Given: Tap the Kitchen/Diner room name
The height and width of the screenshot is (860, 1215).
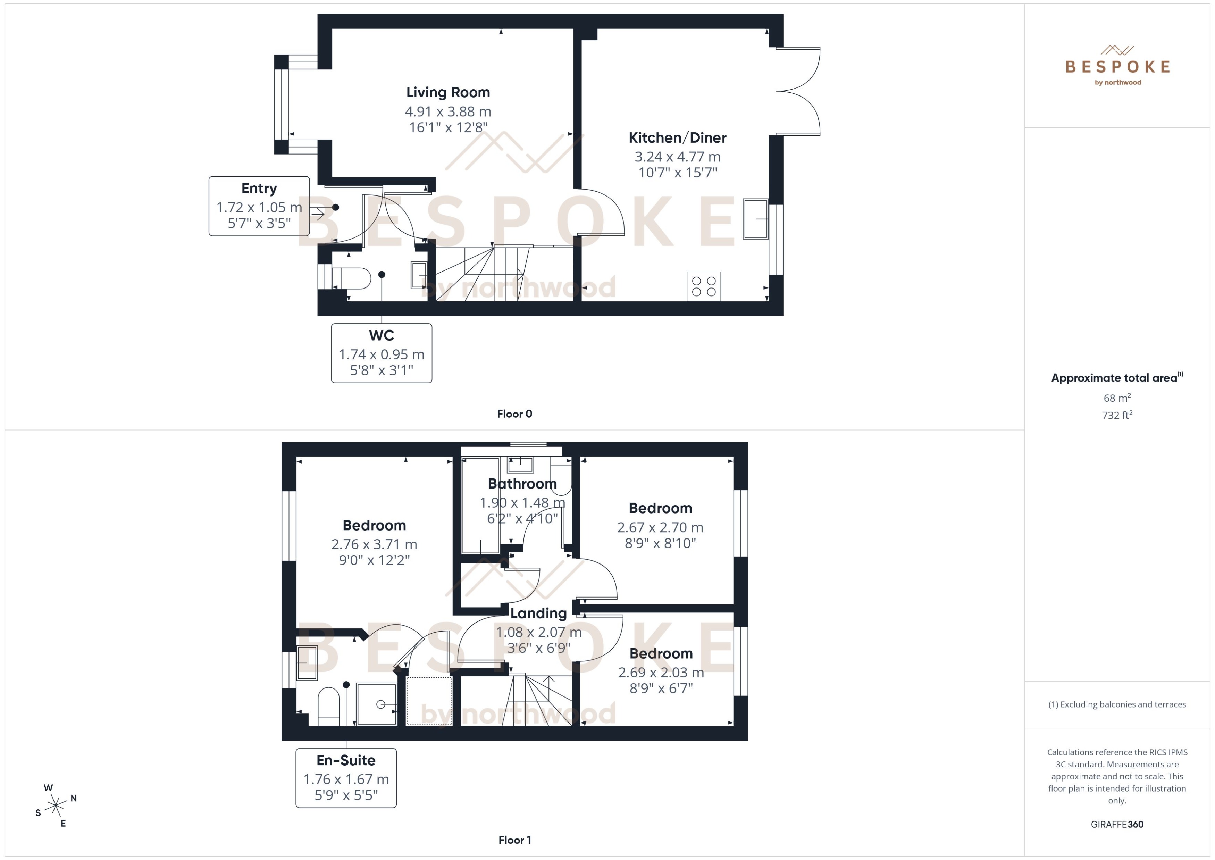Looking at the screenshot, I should (x=677, y=138).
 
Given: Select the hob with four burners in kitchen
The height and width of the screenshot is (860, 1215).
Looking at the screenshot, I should (x=704, y=286).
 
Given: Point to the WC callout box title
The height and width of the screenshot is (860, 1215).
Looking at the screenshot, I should (x=381, y=335).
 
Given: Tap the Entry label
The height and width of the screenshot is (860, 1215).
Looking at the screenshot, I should (x=259, y=189).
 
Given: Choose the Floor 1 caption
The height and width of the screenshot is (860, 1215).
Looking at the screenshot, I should (x=514, y=840).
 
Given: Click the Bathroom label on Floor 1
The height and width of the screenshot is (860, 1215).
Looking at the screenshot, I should (x=522, y=484).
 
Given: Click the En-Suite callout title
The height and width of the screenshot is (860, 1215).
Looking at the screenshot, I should (x=346, y=760).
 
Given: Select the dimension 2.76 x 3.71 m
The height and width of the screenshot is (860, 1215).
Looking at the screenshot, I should (x=374, y=544).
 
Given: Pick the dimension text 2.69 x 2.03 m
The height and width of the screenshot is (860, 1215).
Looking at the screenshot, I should (x=661, y=673).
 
